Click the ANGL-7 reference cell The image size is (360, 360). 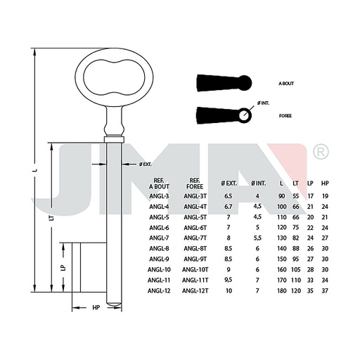pyautogui.click(x=159, y=238)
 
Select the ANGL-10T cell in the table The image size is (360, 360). pyautogui.click(x=195, y=269)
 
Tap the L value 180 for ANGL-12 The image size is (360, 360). pyautogui.click(x=282, y=290)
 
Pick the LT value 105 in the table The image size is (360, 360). pyautogui.click(x=296, y=269)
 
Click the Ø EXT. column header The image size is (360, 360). pyautogui.click(x=229, y=184)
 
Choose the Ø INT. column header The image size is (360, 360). pyautogui.click(x=259, y=184)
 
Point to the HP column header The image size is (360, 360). pyautogui.click(x=325, y=184)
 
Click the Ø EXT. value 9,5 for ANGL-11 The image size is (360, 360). pyautogui.click(x=229, y=280)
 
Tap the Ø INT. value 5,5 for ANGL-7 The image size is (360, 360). pyautogui.click(x=257, y=238)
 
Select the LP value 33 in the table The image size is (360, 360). pyautogui.click(x=310, y=280)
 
